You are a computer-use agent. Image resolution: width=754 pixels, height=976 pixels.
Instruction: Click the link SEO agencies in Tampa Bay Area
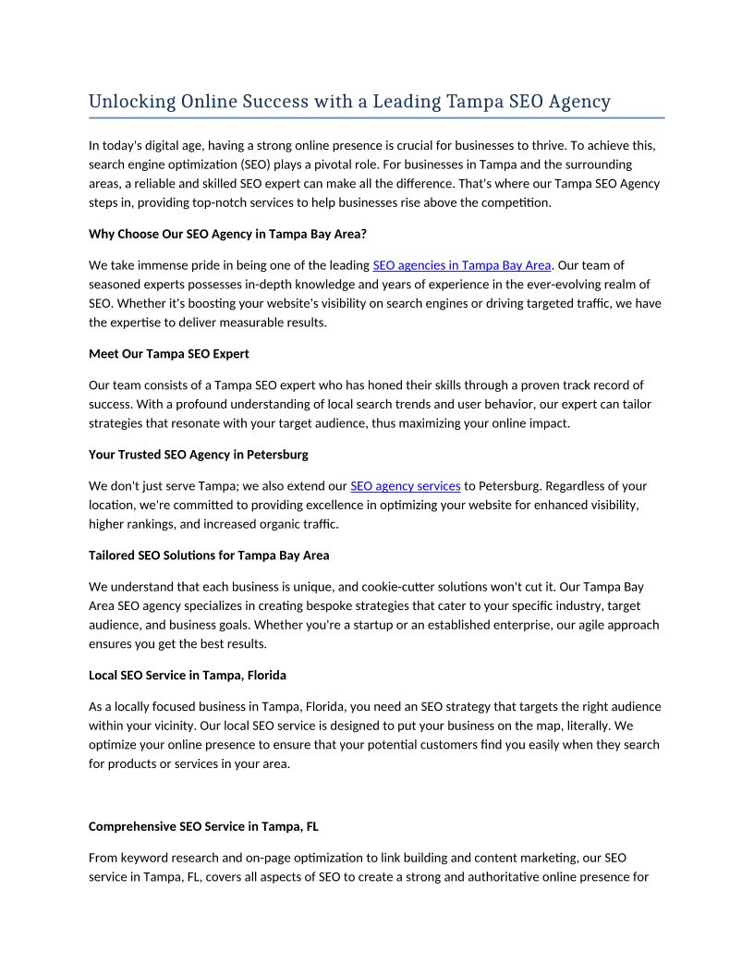point(461,266)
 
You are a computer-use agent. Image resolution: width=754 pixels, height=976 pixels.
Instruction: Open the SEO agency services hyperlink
point(405,486)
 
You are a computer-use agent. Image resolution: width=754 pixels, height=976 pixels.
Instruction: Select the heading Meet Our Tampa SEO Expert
point(169,354)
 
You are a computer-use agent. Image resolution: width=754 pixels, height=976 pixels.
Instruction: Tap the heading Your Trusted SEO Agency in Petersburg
point(199,455)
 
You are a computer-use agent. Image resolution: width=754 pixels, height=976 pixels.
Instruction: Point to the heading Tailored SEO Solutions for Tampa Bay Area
point(209,555)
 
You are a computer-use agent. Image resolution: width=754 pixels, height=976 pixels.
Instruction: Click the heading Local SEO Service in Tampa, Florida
point(188,676)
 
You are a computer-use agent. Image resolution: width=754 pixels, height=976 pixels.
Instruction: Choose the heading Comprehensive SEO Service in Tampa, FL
point(203,826)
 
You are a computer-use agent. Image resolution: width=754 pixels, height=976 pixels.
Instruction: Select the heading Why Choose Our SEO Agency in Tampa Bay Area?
point(227,234)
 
